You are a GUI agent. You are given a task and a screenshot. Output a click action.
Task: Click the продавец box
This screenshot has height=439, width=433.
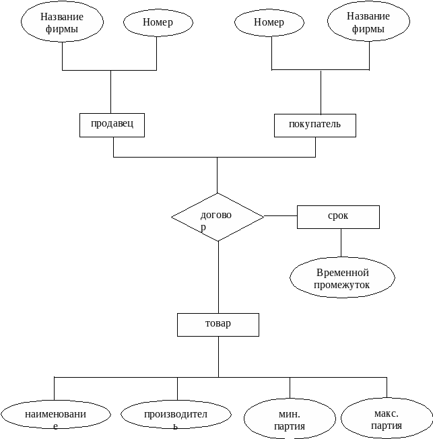[112, 125]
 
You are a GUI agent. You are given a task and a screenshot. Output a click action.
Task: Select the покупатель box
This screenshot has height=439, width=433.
[314, 125]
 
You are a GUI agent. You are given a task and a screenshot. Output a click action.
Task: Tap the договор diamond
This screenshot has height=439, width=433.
[217, 217]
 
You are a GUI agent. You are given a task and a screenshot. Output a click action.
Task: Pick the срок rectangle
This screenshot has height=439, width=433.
[338, 217]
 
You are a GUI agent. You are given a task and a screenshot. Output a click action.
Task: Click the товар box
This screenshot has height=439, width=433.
[218, 325]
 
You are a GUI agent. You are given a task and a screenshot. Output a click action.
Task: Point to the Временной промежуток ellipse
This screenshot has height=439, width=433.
[342, 278]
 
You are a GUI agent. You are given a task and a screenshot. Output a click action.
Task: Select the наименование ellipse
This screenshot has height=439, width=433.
[55, 415]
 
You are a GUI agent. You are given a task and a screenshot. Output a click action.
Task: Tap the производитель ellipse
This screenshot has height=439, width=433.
[175, 415]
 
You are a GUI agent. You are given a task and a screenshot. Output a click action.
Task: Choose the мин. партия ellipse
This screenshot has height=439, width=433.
[290, 419]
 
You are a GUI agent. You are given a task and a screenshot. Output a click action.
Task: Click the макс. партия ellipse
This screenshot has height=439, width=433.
[386, 418]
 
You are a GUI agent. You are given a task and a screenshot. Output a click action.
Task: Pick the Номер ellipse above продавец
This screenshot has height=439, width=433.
[158, 22]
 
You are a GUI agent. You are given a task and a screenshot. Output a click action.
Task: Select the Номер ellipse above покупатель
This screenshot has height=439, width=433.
[269, 22]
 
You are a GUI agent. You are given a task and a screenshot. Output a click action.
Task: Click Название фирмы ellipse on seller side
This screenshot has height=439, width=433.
[62, 22]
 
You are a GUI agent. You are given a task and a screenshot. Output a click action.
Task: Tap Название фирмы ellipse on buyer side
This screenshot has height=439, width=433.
[368, 22]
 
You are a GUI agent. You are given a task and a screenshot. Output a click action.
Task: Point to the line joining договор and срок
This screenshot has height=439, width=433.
[280, 216]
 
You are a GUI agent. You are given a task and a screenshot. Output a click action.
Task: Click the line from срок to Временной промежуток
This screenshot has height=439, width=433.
[341, 242]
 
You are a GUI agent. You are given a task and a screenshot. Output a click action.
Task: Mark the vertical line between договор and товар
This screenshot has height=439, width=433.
[218, 276]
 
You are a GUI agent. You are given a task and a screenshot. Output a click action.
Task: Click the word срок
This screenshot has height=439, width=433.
[338, 216]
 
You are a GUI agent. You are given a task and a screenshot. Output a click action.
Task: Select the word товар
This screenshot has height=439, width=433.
[218, 323]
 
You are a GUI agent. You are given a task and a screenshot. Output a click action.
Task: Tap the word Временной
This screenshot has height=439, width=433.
[342, 273]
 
